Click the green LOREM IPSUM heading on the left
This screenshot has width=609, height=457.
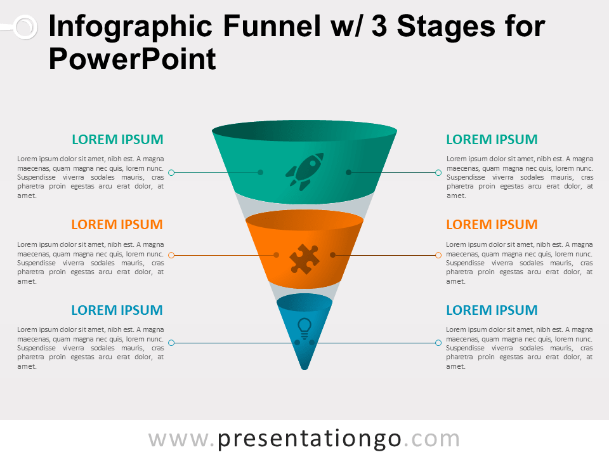tap(117, 140)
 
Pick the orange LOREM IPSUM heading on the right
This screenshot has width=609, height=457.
tap(492, 225)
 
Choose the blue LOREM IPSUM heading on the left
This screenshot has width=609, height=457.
tap(117, 310)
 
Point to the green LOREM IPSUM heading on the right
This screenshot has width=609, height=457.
tap(492, 140)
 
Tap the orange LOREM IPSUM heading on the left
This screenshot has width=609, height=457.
tap(117, 225)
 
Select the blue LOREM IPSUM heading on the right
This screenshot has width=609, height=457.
tap(492, 310)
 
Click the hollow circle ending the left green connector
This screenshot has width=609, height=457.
tap(171, 172)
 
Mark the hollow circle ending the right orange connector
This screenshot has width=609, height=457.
tap(438, 255)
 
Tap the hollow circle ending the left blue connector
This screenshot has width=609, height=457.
tap(171, 343)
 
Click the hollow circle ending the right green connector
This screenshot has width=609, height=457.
tap(438, 172)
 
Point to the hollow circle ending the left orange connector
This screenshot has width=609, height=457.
tap(171, 255)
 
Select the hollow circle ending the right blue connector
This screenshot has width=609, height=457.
tap(438, 343)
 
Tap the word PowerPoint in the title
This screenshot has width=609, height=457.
tap(132, 60)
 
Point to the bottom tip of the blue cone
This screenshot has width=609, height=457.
tap(304, 369)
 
